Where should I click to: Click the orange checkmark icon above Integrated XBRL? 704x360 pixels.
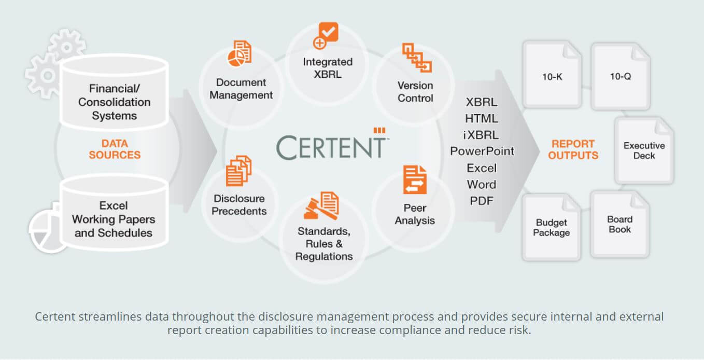click(326, 35)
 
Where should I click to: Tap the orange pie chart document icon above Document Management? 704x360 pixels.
click(240, 53)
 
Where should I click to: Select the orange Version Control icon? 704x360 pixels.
click(417, 58)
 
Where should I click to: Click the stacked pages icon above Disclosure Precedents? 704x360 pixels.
click(238, 171)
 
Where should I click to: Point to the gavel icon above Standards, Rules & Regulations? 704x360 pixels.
click(321, 205)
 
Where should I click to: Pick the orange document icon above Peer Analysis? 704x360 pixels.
click(415, 179)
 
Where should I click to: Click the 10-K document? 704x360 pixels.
click(552, 75)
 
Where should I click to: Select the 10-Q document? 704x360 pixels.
click(621, 76)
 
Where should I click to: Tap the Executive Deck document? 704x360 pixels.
click(644, 150)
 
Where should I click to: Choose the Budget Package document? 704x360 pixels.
click(552, 227)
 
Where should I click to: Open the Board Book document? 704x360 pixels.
click(620, 225)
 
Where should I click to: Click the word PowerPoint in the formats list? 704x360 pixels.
click(482, 151)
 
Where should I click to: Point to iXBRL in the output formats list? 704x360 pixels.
click(481, 135)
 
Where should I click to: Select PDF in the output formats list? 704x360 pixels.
click(482, 201)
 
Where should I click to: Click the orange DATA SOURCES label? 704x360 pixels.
click(115, 149)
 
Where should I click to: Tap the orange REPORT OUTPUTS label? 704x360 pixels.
click(573, 150)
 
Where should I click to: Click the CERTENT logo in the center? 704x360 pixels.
click(332, 145)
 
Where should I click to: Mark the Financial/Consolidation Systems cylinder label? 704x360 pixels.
click(114, 102)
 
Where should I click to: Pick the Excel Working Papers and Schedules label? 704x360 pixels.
click(114, 219)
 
